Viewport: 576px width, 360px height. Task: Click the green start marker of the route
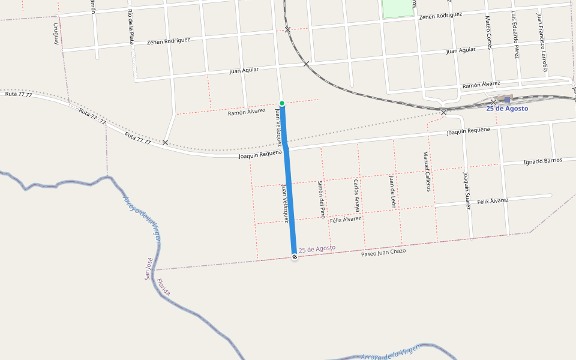click(282, 103)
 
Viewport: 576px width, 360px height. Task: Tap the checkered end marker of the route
click(295, 257)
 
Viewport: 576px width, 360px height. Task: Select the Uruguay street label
click(56, 34)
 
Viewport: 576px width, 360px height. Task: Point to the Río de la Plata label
click(131, 28)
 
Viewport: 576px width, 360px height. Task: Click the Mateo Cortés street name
click(488, 32)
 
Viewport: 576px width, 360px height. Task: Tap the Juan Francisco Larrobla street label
click(542, 42)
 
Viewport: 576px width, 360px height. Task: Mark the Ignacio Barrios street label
click(543, 161)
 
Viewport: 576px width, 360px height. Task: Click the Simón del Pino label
click(322, 199)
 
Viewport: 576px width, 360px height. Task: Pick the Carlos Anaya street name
click(356, 196)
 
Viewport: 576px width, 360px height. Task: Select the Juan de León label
click(392, 191)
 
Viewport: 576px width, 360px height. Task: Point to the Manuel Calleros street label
click(427, 171)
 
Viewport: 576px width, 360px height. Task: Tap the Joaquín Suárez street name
click(466, 190)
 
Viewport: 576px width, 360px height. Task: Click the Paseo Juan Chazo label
click(383, 252)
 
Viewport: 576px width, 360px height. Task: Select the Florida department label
click(163, 287)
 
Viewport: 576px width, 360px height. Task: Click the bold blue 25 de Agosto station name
click(507, 109)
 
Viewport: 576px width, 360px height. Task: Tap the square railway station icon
click(507, 100)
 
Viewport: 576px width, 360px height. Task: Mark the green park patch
click(398, 8)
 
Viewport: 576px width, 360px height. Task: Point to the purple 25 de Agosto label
click(317, 248)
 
